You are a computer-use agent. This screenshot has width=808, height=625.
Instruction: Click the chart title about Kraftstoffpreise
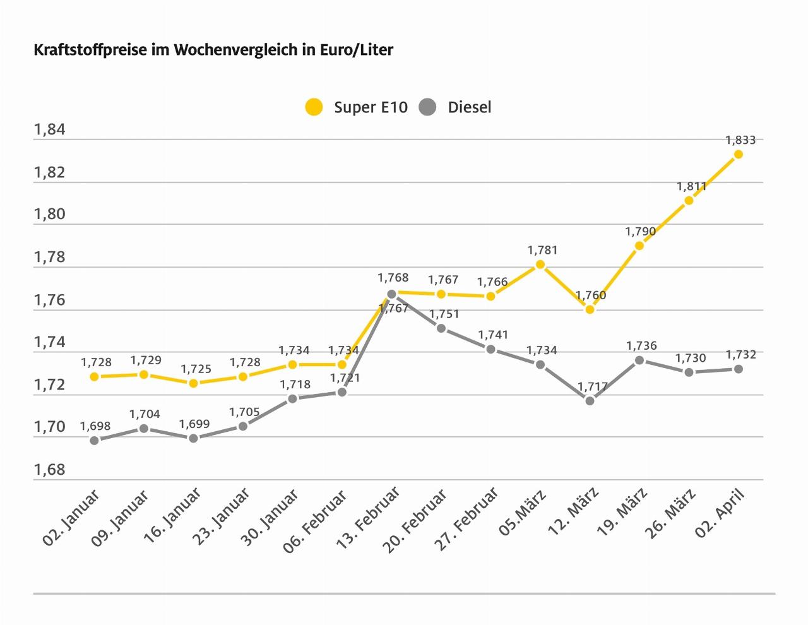(213, 50)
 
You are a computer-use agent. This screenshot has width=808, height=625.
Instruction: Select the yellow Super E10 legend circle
(313, 107)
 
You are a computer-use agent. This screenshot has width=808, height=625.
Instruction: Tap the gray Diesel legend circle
(427, 107)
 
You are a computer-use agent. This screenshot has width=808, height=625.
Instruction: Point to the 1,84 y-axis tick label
(49, 130)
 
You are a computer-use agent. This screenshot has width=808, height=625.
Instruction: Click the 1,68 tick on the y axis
(49, 470)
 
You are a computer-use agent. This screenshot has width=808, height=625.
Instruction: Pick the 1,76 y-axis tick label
(49, 300)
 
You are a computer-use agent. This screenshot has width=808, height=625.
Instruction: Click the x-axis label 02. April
(721, 512)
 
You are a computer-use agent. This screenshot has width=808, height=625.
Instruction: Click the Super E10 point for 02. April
(738, 154)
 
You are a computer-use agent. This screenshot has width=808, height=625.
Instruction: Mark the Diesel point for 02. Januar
(95, 440)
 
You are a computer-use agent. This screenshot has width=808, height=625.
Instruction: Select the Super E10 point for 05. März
(540, 265)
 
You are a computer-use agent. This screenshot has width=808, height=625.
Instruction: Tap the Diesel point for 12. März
(590, 400)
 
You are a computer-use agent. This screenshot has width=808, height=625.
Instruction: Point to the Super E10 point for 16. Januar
(194, 383)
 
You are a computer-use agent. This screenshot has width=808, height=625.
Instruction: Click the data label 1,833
(740, 140)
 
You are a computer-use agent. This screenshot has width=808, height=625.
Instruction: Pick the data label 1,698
(95, 426)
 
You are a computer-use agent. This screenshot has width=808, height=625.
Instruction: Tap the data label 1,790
(641, 232)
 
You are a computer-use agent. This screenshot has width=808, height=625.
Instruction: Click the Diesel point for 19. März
(639, 360)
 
